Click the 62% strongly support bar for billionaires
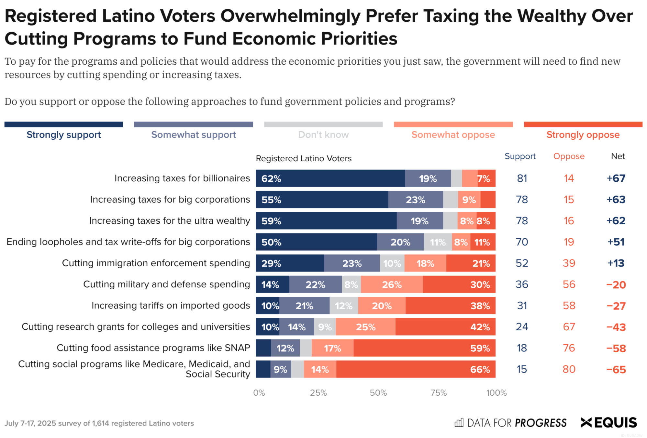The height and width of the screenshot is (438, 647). click(330, 178)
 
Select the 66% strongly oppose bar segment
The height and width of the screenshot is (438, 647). click(416, 369)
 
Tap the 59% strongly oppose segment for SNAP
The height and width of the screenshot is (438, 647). click(424, 348)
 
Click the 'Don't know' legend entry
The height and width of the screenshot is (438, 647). click(323, 134)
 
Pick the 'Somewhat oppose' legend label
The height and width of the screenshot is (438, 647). click(453, 134)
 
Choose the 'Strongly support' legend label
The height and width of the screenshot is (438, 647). click(64, 134)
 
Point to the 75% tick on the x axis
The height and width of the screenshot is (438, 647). click(438, 393)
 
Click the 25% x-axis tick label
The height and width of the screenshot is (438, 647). click(318, 393)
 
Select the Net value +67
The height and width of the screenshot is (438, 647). click(616, 178)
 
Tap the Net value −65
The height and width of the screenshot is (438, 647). click(616, 369)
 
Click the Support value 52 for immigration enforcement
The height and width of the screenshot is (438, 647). click(522, 263)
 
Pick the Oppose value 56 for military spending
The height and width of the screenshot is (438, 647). click(569, 284)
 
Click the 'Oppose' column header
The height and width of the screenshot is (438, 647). click(569, 156)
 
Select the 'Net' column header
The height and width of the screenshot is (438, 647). click(618, 156)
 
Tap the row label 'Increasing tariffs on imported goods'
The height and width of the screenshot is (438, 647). click(171, 305)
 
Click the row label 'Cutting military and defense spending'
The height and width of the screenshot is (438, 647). click(166, 284)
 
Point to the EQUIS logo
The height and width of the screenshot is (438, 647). click(609, 422)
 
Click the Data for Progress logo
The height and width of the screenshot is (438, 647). click(510, 422)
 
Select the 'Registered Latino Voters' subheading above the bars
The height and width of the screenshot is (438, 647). click(303, 158)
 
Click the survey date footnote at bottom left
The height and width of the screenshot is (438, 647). click(99, 423)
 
